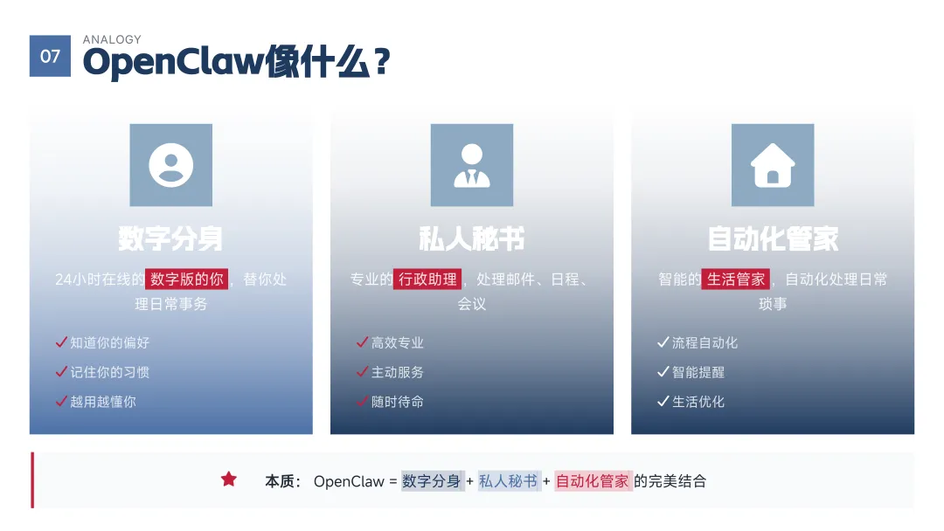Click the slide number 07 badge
[x=50, y=56]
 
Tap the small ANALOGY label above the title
[x=112, y=39]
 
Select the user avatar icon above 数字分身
[x=170, y=165]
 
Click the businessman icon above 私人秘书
[x=472, y=165]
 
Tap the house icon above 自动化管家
[x=773, y=165]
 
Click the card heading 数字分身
[x=170, y=238]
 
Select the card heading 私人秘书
[x=472, y=238]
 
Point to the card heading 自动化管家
[x=773, y=238]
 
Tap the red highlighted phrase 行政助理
[x=427, y=279]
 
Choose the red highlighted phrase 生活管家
[x=736, y=279]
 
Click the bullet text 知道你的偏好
[x=110, y=342]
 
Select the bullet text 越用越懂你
[x=103, y=402]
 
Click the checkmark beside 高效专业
[x=362, y=342]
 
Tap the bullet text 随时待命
[x=398, y=402]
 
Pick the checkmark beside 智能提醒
[x=663, y=372]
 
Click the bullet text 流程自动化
[x=705, y=342]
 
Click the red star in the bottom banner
[x=229, y=479]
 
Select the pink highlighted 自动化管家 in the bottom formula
[x=593, y=480]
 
